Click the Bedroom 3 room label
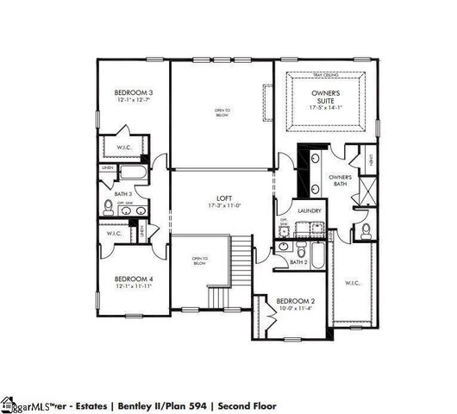coord(134,92)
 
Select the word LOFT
coord(222,198)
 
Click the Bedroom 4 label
coord(134,279)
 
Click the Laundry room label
coord(310,211)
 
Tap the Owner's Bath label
coord(340,180)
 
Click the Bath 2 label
coord(298,262)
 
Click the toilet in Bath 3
coord(109,207)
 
